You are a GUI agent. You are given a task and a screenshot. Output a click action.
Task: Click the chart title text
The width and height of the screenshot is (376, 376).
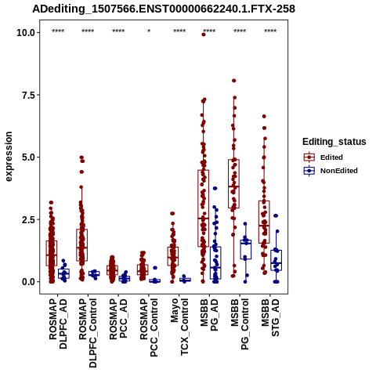click(164, 9)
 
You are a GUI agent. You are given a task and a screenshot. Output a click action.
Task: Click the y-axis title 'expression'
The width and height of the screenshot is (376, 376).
click(9, 157)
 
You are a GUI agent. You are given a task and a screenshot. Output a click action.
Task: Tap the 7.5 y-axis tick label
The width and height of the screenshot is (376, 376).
click(29, 95)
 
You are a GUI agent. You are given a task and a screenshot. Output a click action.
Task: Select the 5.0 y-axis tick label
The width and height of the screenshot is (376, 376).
click(29, 157)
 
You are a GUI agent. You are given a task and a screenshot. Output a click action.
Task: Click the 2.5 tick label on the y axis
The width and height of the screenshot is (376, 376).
click(29, 219)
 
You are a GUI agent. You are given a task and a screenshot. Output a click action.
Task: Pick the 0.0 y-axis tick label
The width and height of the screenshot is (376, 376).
click(29, 282)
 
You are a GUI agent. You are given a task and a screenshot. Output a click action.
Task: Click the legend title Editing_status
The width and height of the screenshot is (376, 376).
click(334, 142)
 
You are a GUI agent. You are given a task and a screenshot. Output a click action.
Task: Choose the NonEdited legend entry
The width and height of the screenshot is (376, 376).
click(331, 171)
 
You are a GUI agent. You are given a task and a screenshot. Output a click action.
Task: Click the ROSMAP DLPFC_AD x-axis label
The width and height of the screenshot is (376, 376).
click(58, 324)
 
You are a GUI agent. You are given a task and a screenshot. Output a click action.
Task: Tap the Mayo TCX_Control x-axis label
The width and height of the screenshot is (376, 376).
click(179, 327)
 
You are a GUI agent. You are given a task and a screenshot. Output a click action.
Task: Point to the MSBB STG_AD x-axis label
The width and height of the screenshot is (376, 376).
click(270, 317)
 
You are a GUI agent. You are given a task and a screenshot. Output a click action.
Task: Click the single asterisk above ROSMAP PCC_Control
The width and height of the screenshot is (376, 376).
click(149, 31)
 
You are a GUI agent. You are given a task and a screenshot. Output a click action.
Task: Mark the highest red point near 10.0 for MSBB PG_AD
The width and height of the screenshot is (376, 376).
click(204, 34)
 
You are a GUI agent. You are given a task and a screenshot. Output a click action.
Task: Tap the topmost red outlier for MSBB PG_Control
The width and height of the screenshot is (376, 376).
click(234, 81)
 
